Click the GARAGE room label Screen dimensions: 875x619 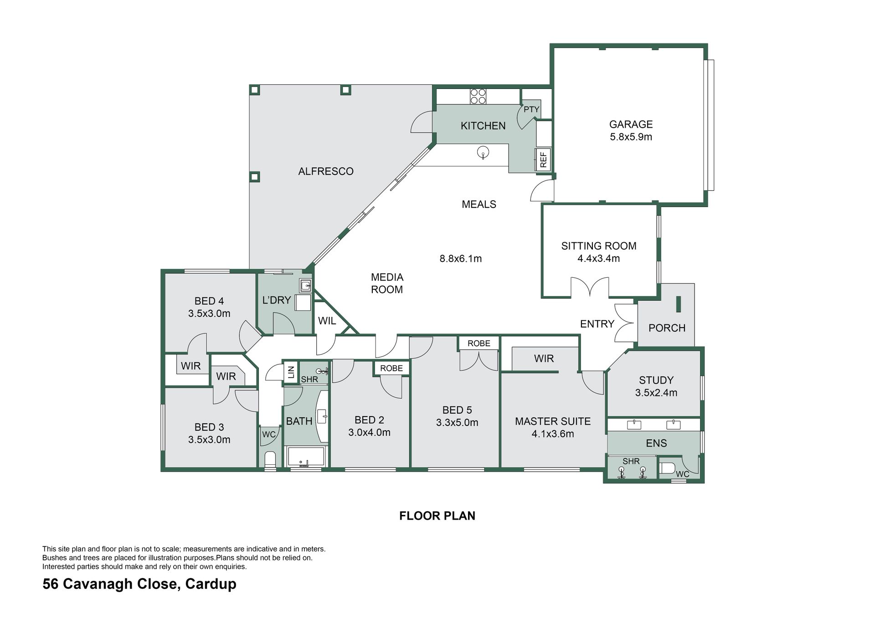tap(631, 124)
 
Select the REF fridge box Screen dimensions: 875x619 tap(543, 159)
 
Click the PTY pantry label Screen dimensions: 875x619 tap(531, 109)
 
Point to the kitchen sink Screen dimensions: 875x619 tap(483, 152)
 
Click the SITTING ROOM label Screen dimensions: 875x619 tap(599, 246)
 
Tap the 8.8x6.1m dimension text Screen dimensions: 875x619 tap(461, 259)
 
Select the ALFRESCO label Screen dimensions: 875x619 tap(326, 172)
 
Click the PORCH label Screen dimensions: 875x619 tap(667, 328)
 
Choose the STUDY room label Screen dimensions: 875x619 tap(656, 380)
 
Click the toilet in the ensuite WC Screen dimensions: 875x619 tap(667, 468)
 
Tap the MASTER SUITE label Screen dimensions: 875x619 tap(553, 421)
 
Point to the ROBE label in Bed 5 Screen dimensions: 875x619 tap(479, 343)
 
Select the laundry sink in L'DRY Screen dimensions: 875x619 tap(305, 286)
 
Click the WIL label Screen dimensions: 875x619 tap(327, 321)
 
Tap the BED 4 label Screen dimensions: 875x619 tap(209, 301)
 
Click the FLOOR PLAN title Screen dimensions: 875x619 tap(437, 516)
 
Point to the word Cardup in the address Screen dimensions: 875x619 tap(211, 584)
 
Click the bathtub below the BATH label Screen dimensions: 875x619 tap(306, 457)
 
